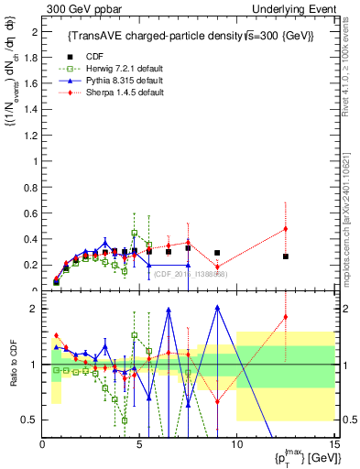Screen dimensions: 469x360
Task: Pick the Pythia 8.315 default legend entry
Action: point(119,81)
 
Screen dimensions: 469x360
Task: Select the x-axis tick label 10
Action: point(236,444)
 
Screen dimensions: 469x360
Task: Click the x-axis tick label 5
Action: point(139,444)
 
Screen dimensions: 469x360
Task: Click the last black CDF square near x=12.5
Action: point(286,256)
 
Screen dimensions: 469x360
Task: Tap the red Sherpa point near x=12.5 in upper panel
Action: point(286,229)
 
